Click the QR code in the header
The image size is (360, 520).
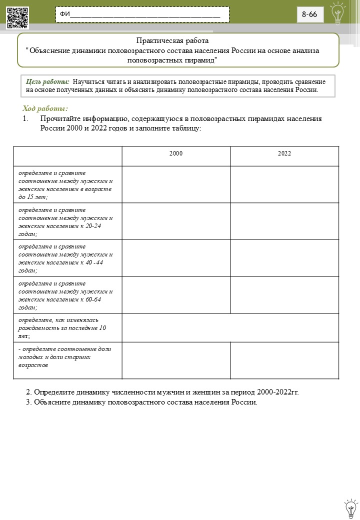tap(17, 18)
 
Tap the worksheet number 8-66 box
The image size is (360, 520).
tap(309, 14)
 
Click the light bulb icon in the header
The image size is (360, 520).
tap(338, 13)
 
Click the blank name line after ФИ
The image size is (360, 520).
tap(145, 15)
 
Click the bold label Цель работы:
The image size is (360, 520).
tap(47, 81)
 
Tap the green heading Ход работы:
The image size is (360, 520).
tap(45, 108)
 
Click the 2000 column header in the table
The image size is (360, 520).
tap(175, 153)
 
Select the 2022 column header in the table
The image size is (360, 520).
tap(284, 153)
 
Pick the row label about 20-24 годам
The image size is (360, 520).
tap(65, 221)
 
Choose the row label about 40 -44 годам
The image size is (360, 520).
tap(65, 258)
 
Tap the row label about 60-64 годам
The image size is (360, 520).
tap(65, 295)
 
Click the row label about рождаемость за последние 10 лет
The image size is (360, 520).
tap(62, 328)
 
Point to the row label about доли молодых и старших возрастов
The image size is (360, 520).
tap(65, 356)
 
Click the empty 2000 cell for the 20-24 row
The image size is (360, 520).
tap(175, 221)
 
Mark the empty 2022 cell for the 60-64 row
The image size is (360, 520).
tap(284, 295)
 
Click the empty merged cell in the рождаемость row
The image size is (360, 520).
tap(230, 328)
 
